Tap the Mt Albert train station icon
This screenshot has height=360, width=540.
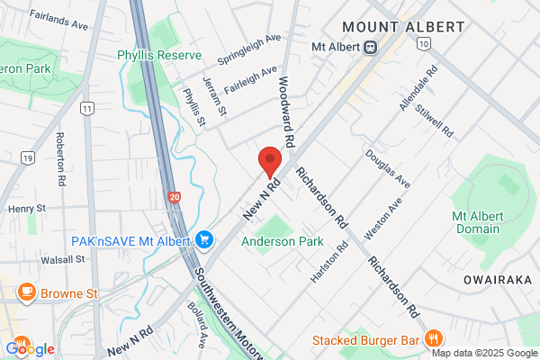coord(369,47)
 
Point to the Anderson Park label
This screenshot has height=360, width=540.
coord(282,241)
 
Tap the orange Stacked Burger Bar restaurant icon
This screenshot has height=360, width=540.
coord(434,339)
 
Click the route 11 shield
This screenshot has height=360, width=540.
coord(86,108)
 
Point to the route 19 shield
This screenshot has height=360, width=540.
coord(27,158)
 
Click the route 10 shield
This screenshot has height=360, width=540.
coord(424,43)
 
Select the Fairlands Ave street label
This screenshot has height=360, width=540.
coord(58,21)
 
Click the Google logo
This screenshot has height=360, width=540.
coord(31,348)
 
